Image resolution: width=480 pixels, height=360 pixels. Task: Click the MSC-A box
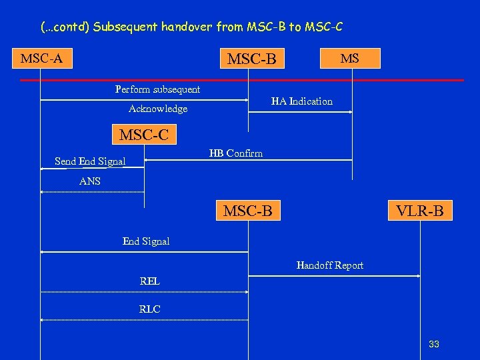tap(41, 59)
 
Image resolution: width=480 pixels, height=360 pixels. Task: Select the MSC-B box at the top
tap(251, 59)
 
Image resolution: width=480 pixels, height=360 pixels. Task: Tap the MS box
tap(350, 58)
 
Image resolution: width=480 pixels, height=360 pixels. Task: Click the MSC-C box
tap(144, 135)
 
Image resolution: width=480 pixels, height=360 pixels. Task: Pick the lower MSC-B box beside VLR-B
tap(248, 211)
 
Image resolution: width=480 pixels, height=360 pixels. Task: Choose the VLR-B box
tap(419, 211)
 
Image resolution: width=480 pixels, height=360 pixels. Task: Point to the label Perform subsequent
tap(157, 89)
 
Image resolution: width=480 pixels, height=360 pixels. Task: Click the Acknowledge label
tap(158, 109)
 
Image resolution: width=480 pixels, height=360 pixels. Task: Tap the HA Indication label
tap(301, 101)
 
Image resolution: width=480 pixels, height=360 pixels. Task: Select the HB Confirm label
tap(236, 153)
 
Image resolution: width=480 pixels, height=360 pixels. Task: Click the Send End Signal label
tap(90, 161)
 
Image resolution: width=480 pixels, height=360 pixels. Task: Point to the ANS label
tap(90, 181)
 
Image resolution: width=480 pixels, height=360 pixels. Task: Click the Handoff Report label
tap(330, 265)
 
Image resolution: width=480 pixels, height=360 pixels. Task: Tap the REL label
tap(150, 281)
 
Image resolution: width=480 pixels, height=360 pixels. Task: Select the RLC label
tap(150, 309)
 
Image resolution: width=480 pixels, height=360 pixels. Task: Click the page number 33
tap(434, 344)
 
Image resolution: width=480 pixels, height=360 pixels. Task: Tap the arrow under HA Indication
tap(300, 112)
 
